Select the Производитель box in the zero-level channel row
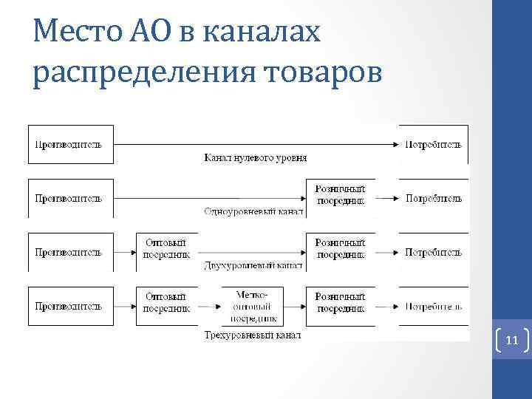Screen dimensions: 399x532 click(x=70, y=143)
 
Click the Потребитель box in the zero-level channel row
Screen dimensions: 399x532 click(x=433, y=143)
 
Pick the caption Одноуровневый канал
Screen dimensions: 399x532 click(x=253, y=211)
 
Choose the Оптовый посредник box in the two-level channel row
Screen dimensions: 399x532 click(x=166, y=250)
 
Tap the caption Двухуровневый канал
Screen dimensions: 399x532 click(x=253, y=264)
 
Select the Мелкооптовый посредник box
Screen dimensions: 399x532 click(x=254, y=305)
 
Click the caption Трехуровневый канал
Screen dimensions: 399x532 click(x=253, y=335)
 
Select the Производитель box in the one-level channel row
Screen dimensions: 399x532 click(x=70, y=197)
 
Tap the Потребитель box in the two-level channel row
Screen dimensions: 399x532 click(x=433, y=252)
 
